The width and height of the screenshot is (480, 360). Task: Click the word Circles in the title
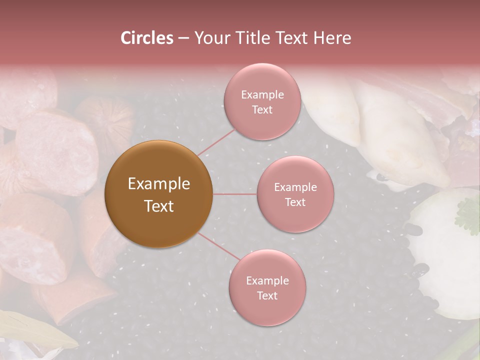pos(146,38)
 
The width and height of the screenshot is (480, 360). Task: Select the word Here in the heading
pos(332,38)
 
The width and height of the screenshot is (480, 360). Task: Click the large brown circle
pos(159,194)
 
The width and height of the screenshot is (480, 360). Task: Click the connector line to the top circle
pos(216,141)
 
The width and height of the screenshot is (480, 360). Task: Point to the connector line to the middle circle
pos(235,194)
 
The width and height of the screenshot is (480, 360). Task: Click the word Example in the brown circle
pos(159,184)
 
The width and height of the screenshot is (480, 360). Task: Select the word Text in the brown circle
pos(159,206)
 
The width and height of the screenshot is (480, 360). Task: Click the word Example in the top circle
pos(262,94)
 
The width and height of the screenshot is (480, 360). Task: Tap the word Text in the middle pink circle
pos(295,202)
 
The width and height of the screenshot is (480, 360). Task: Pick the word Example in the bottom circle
pos(267,281)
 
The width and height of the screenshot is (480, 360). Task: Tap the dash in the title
pos(183,38)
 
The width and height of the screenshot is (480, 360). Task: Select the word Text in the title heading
pos(290,38)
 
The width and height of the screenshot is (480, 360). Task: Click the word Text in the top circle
pos(262,109)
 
